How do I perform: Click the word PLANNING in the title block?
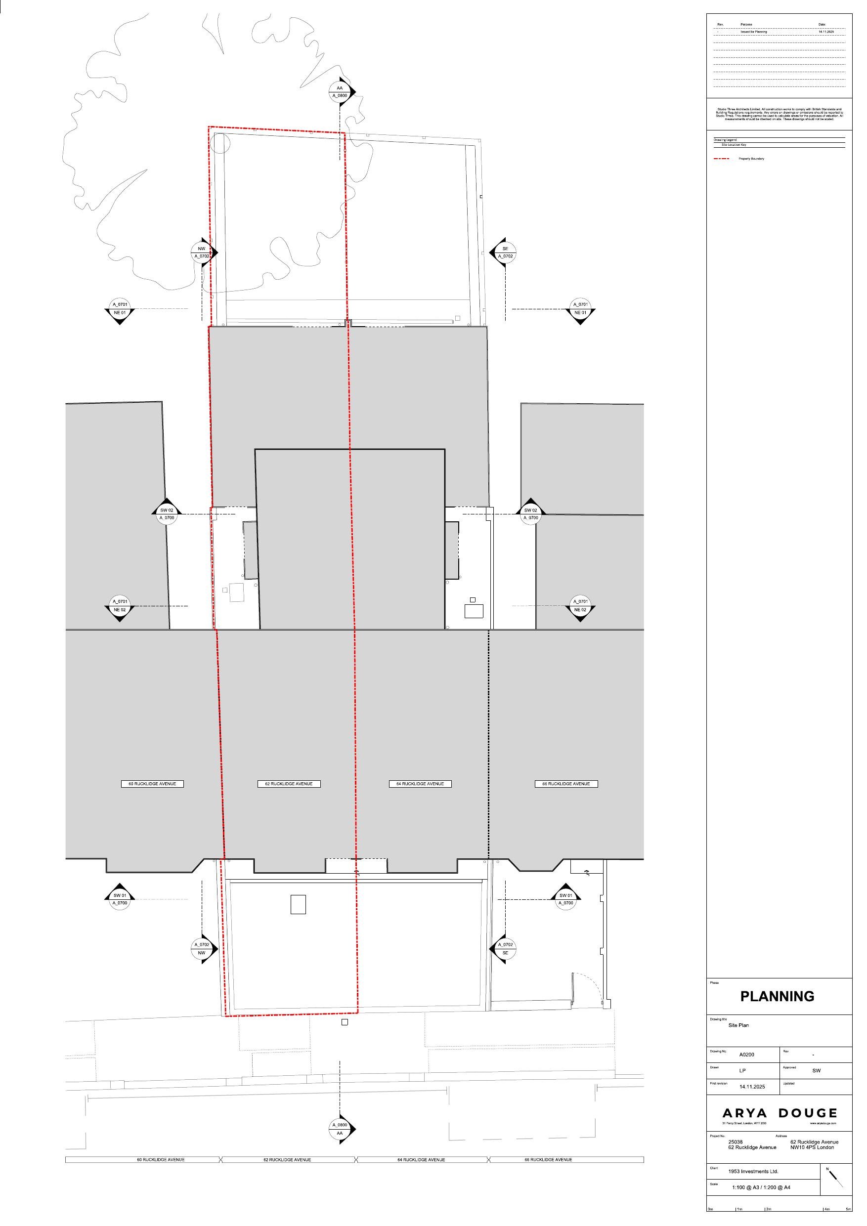coord(777,996)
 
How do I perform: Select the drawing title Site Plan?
coord(738,1025)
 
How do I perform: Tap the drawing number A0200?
coord(746,1055)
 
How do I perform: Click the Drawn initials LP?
coord(742,1071)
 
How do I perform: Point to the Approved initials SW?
coord(816,1071)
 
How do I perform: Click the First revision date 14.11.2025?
coord(752,1087)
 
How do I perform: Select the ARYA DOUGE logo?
coord(780,1113)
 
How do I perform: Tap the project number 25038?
coord(735,1142)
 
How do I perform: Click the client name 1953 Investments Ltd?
coord(753,1172)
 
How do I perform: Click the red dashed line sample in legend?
coord(721,159)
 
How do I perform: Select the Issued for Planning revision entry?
coord(753,32)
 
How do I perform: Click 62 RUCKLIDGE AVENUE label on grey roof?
coord(289,784)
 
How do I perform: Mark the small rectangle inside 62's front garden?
coord(298,904)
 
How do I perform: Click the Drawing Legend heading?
coord(725,140)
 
